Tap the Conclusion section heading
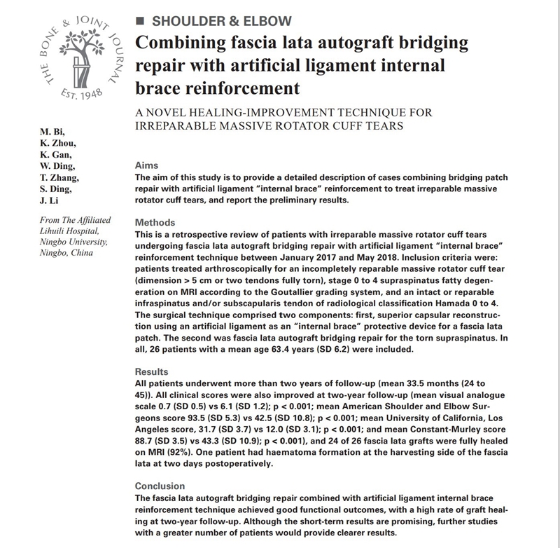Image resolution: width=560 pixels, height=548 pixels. pos(160,486)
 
